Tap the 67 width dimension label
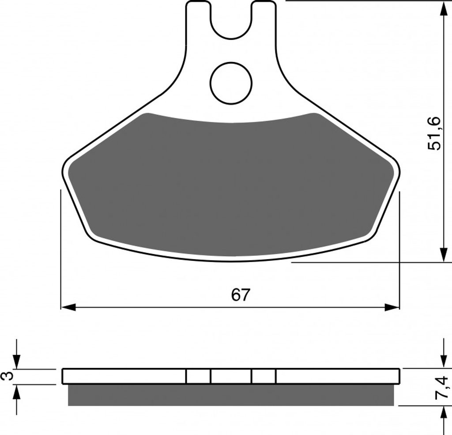click(240, 295)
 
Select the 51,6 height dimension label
click(434, 133)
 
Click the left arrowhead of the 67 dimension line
click(68, 307)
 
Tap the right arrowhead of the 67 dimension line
click(392, 307)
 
